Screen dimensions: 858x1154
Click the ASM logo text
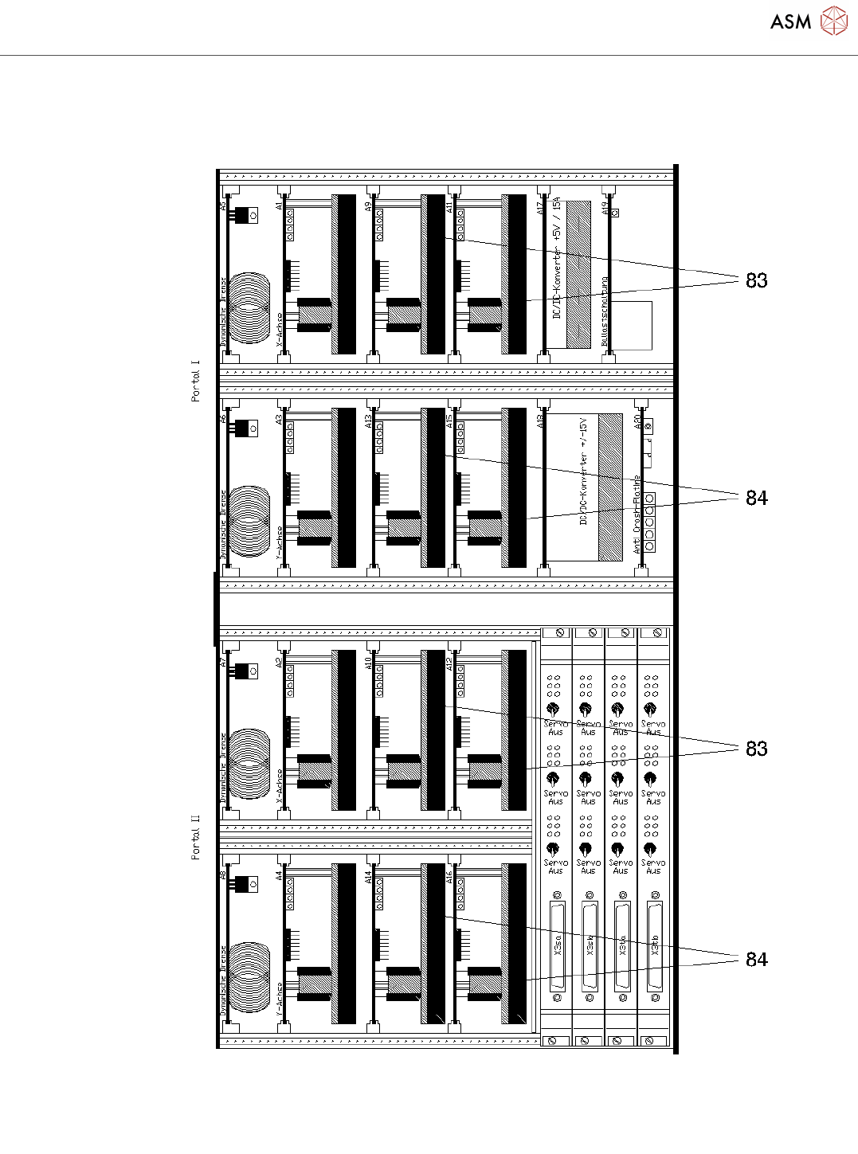coord(790,22)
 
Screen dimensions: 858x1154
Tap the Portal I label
coord(195,381)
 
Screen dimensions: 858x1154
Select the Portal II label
coord(195,837)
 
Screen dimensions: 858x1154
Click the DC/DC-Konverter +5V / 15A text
coord(557,258)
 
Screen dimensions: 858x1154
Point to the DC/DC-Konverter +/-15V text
coord(583,470)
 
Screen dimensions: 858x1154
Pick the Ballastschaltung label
coord(605,311)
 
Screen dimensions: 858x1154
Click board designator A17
coord(540,208)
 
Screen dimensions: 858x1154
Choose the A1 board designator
coord(279,205)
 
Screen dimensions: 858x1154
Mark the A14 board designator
coord(368,877)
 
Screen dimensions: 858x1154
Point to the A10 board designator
coord(368,662)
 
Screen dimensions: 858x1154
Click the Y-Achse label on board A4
coord(279,999)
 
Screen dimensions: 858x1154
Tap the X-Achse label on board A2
coord(279,785)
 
